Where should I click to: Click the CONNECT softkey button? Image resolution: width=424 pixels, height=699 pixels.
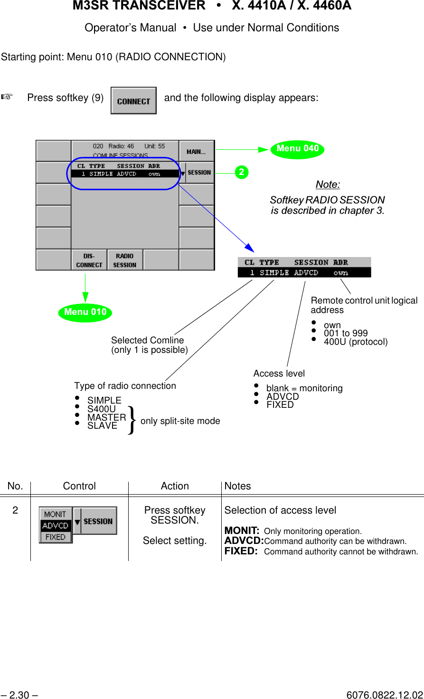(133, 101)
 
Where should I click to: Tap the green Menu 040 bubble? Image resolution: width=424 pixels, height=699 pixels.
(297, 149)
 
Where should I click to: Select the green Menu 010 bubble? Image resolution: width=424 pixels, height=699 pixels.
(85, 313)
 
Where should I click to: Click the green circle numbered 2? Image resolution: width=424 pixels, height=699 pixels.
(242, 172)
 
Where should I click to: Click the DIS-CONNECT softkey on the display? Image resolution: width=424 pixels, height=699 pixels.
(89, 260)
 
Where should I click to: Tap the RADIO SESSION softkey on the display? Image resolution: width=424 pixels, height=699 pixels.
(125, 260)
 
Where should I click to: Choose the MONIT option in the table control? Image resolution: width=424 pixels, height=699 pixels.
(55, 514)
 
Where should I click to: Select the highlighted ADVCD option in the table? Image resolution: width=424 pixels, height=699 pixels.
(56, 525)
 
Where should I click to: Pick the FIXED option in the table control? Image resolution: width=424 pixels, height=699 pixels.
(56, 537)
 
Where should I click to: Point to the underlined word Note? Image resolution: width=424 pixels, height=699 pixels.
(328, 184)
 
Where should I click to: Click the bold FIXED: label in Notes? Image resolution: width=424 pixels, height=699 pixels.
(241, 551)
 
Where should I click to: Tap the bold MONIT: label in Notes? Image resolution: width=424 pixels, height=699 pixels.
(242, 531)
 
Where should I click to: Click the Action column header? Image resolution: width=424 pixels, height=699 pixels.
(175, 486)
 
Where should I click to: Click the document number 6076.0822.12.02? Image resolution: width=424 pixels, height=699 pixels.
(385, 695)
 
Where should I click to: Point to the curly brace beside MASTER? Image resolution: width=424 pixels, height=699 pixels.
(132, 420)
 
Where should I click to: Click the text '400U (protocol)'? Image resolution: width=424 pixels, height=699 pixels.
(356, 342)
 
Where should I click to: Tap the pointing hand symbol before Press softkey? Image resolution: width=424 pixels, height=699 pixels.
(7, 97)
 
